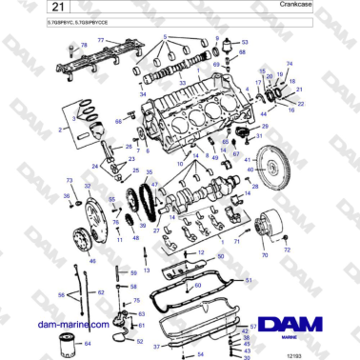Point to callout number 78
point(83,45)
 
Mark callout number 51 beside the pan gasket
point(250,282)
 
